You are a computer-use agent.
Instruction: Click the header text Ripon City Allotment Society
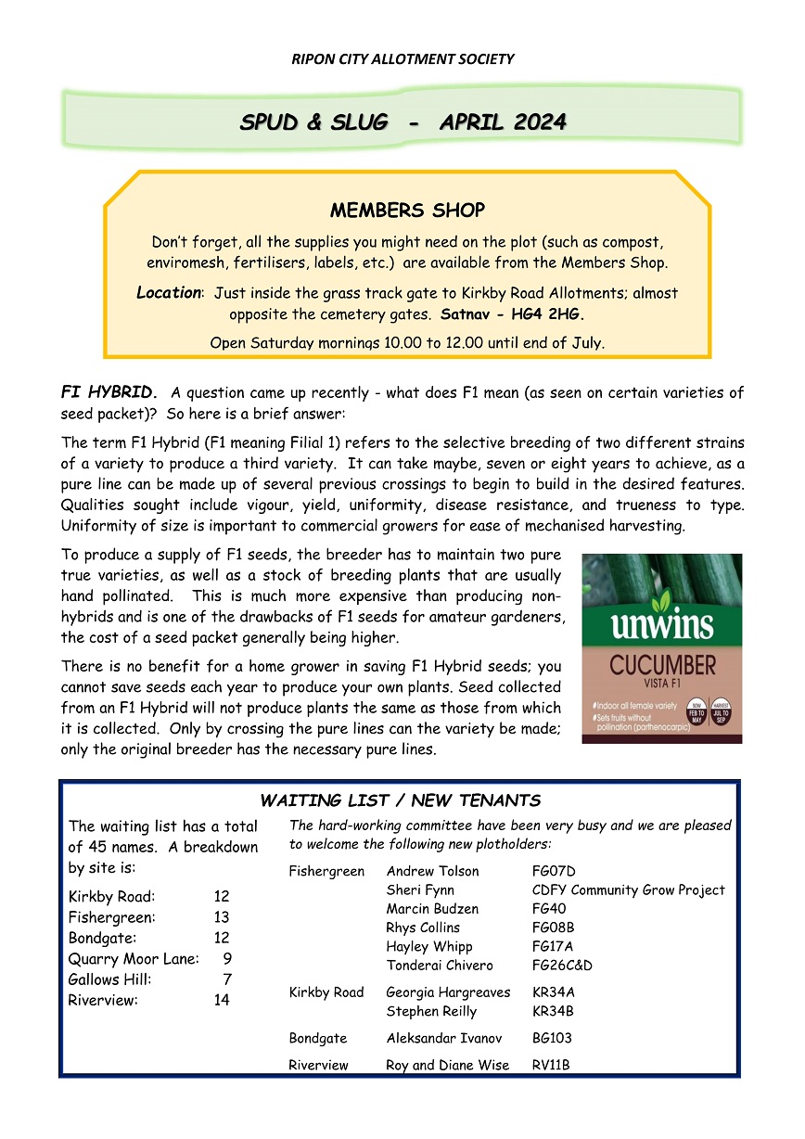click(x=402, y=59)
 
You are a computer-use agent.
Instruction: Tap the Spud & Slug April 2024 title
click(x=402, y=122)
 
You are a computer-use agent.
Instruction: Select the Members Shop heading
click(x=407, y=211)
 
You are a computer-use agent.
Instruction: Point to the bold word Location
click(x=169, y=293)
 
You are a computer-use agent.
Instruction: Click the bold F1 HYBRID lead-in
click(x=110, y=392)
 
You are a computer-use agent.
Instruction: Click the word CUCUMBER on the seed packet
click(x=661, y=666)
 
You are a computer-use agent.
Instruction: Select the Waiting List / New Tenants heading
click(x=400, y=800)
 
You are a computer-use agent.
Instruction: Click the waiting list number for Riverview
click(x=221, y=1000)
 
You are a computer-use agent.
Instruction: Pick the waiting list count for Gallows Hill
click(x=226, y=979)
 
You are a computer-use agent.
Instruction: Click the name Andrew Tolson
click(x=432, y=871)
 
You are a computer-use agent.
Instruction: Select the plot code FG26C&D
click(x=562, y=966)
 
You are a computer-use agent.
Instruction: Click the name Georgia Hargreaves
click(x=448, y=992)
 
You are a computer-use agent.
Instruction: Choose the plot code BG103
click(x=552, y=1039)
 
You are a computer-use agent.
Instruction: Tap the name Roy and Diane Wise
click(x=447, y=1066)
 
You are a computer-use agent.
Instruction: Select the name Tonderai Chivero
click(x=440, y=966)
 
